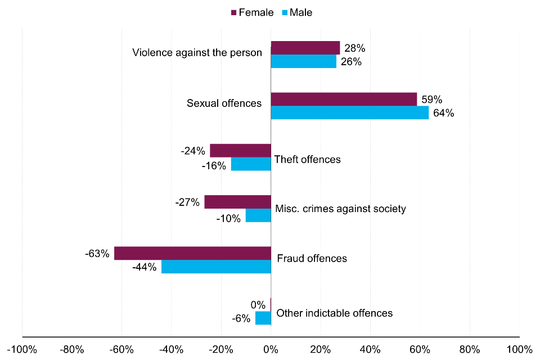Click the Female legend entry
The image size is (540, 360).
[x=251, y=12]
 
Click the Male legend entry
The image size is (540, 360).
[x=296, y=12]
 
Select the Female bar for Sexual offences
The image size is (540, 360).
[x=344, y=99]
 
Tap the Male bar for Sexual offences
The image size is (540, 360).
[x=349, y=112]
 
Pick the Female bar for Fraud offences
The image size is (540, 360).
[x=192, y=253]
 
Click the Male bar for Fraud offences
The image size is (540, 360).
[x=216, y=267]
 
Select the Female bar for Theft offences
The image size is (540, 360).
[x=240, y=151]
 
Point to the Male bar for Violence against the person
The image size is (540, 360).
[x=303, y=61]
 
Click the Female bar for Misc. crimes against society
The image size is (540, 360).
[x=237, y=202]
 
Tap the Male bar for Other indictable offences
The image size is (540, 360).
[x=263, y=318]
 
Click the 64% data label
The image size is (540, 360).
[x=443, y=113]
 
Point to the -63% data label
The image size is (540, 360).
[x=97, y=254]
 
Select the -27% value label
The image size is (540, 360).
[x=187, y=202]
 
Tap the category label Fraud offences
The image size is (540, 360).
[x=312, y=259]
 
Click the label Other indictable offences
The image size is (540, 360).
[x=335, y=313]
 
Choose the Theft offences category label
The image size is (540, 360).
[x=307, y=160]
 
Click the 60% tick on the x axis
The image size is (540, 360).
[x=420, y=349]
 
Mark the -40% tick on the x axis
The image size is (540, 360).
[x=172, y=349]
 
